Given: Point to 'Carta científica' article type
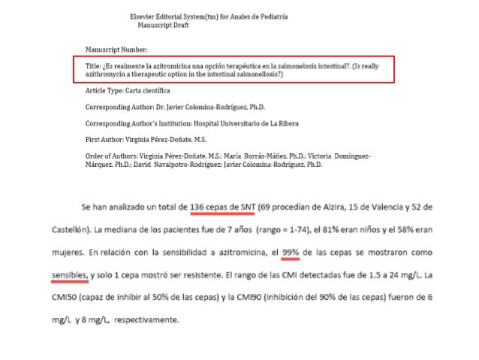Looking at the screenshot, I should tap(149, 89).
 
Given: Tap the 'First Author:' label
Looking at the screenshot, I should tap(107, 139).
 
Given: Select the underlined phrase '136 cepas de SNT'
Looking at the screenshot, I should tap(222, 206).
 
